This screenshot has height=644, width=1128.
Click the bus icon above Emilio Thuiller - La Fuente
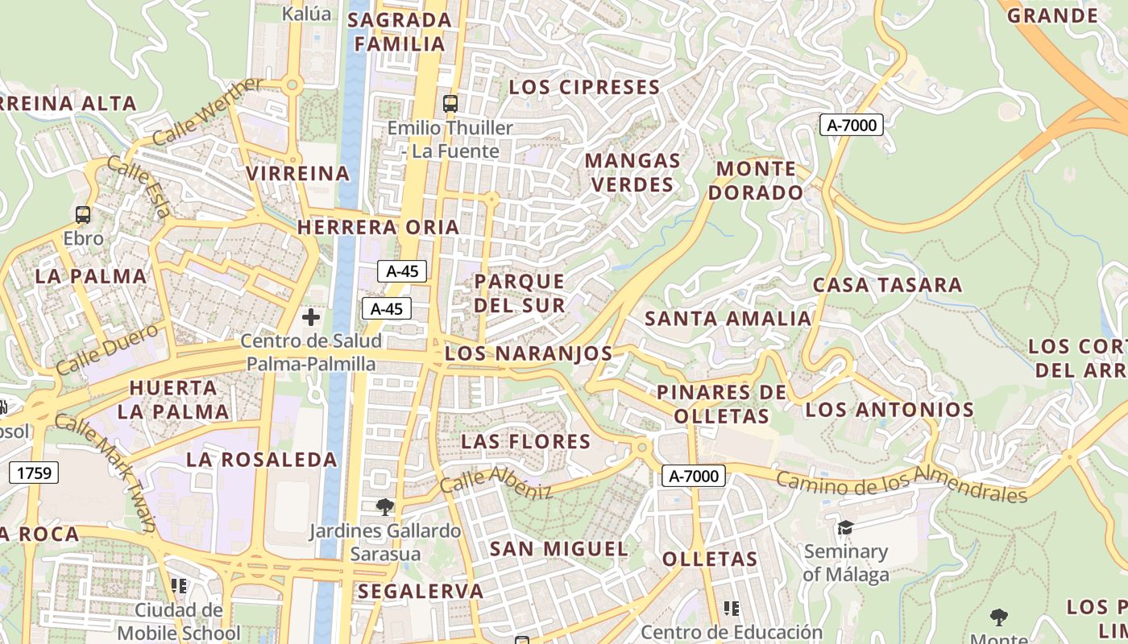(x=450, y=104)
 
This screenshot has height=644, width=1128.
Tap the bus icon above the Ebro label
(x=83, y=215)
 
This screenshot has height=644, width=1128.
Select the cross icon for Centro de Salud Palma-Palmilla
(x=311, y=317)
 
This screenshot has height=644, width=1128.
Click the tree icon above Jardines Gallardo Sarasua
(x=385, y=506)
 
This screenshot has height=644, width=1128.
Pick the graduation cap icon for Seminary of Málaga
(x=845, y=527)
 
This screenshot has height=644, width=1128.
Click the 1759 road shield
(x=35, y=473)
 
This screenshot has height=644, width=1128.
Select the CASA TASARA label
(x=887, y=285)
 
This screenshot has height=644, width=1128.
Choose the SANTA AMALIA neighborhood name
(x=728, y=318)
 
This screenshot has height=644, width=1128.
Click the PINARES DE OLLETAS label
(x=722, y=404)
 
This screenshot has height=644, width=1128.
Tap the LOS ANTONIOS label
(x=890, y=410)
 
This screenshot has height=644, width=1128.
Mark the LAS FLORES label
(x=526, y=441)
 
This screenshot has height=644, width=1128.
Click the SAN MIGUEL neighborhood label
(x=559, y=549)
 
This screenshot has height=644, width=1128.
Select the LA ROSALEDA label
(x=262, y=460)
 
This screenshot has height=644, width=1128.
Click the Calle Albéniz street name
(x=496, y=481)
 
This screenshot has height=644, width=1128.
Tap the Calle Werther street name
(x=207, y=112)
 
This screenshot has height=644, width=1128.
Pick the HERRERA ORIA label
(x=378, y=227)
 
